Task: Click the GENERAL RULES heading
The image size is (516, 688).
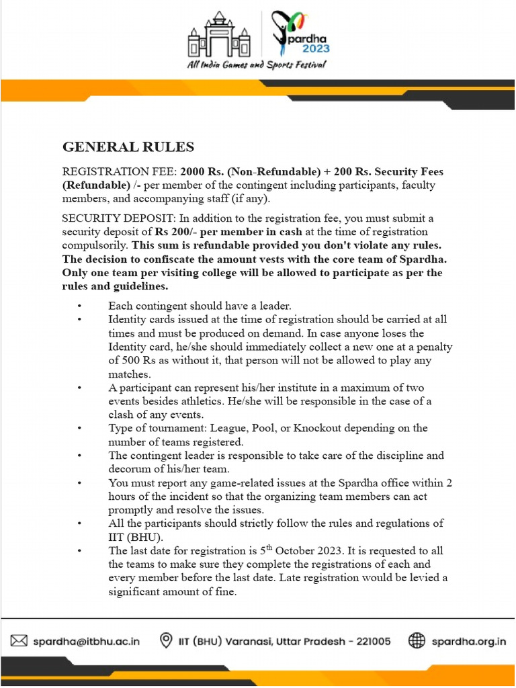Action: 128,146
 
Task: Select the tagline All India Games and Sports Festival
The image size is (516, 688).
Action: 257,65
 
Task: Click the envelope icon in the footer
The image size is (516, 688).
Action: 19,640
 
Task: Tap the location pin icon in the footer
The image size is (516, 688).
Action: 165,640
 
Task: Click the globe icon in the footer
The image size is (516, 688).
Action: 417,640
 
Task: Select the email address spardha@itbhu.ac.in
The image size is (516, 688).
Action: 87,641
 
